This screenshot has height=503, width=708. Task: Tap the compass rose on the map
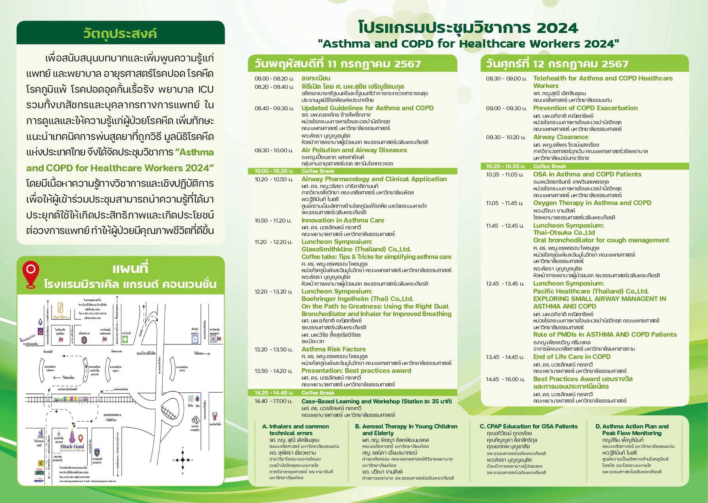[x=183, y=460]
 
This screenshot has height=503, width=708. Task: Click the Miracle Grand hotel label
[x=72, y=447]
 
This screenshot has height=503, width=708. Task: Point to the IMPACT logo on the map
[x=39, y=480]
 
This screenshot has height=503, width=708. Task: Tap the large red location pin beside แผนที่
[x=31, y=273]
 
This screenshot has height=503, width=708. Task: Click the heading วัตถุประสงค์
[x=120, y=33]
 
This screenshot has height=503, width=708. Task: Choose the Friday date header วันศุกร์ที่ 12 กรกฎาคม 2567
[x=557, y=64]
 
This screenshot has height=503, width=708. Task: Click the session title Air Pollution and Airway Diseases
[x=354, y=150]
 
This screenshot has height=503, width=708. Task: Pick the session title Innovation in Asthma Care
[x=342, y=220]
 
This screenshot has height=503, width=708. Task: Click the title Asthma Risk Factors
[x=333, y=349]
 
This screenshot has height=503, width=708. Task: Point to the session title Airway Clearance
[x=560, y=137]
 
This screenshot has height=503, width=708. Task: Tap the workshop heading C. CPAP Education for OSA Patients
[x=529, y=426]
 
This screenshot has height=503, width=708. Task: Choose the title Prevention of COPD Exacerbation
[x=585, y=108]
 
